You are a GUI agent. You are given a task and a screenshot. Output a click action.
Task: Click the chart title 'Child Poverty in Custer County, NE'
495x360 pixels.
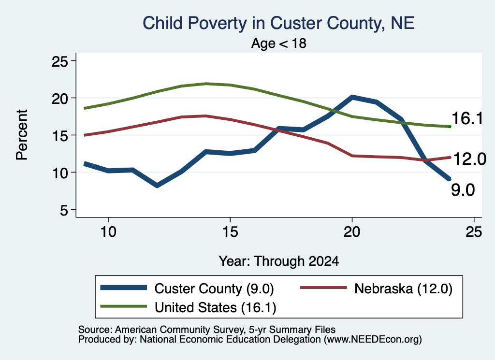pyautogui.click(x=278, y=24)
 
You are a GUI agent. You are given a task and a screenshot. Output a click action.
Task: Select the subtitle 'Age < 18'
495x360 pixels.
pyautogui.click(x=279, y=43)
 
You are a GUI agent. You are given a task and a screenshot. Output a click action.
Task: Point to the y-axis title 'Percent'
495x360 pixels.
pyautogui.click(x=22, y=135)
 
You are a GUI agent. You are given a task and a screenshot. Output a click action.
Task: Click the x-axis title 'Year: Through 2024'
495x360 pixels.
pyautogui.click(x=279, y=261)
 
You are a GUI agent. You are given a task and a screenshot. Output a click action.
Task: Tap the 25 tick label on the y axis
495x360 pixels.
pyautogui.click(x=59, y=61)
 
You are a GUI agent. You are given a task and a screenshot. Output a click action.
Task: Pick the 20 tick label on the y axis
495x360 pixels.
pyautogui.click(x=59, y=99)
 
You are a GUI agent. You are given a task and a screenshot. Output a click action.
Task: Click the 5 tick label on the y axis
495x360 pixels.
pyautogui.click(x=64, y=210)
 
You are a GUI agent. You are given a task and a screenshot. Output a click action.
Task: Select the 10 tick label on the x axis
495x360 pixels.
pyautogui.click(x=108, y=232)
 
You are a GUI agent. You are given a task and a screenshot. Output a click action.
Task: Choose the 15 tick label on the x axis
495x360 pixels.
pyautogui.click(x=230, y=232)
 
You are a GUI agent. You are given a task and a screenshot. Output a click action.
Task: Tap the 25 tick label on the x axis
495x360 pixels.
pyautogui.click(x=474, y=232)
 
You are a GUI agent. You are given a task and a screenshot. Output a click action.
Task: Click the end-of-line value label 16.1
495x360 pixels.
pyautogui.click(x=467, y=119)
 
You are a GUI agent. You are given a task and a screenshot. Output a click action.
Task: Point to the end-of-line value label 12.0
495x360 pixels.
pyautogui.click(x=469, y=158)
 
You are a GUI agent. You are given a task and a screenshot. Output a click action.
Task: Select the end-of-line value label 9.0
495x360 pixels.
pyautogui.click(x=463, y=190)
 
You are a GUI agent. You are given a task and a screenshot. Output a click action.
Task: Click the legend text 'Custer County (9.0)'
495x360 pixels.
pyautogui.click(x=214, y=288)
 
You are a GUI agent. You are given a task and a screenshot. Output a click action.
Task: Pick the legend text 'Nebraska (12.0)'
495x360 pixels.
pyautogui.click(x=404, y=288)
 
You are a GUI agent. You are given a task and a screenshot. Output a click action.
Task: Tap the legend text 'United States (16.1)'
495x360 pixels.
pyautogui.click(x=215, y=308)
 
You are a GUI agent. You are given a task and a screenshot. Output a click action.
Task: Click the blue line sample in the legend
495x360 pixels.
pyautogui.click(x=123, y=288)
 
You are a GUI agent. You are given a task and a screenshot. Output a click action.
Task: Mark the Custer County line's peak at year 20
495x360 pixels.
pyautogui.click(x=352, y=98)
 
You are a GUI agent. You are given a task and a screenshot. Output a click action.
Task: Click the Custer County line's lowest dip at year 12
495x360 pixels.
pyautogui.click(x=157, y=185)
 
